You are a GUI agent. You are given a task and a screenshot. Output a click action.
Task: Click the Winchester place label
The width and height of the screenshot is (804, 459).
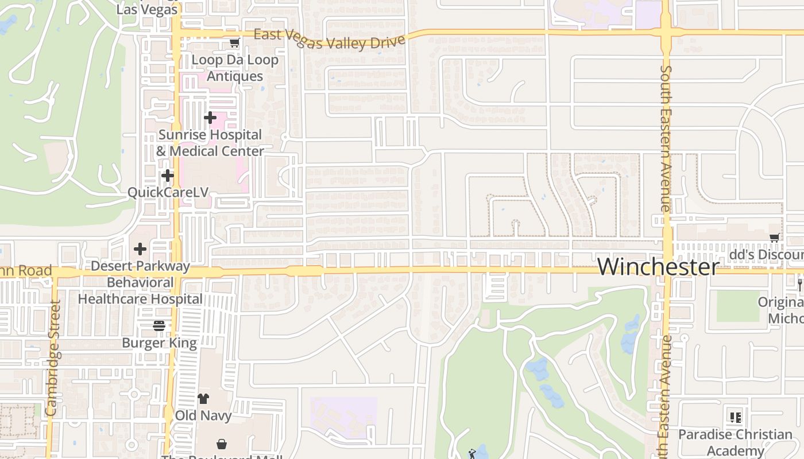pyautogui.click(x=658, y=267)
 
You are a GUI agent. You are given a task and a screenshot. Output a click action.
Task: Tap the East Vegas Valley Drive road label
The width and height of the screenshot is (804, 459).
pyautogui.click(x=330, y=40)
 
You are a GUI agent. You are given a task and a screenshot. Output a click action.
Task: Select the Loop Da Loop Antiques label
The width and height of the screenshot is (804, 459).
pyautogui.click(x=235, y=68)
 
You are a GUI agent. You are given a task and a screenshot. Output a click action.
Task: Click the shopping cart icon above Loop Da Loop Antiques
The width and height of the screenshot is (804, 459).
pyautogui.click(x=234, y=42)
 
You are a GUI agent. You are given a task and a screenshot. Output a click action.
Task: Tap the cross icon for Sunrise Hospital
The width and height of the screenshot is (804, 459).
pyautogui.click(x=210, y=118)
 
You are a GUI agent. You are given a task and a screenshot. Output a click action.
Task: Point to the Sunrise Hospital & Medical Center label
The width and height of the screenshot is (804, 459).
pyautogui.click(x=210, y=143)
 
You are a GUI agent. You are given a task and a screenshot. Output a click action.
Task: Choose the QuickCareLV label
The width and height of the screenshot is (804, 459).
pyautogui.click(x=168, y=192)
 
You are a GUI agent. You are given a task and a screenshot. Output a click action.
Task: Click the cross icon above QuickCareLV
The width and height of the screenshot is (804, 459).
pyautogui.click(x=168, y=175)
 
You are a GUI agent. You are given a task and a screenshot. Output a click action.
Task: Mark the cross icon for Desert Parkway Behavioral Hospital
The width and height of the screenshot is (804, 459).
pyautogui.click(x=140, y=249)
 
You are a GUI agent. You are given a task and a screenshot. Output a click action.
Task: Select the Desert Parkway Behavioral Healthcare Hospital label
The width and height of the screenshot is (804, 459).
pyautogui.click(x=140, y=282)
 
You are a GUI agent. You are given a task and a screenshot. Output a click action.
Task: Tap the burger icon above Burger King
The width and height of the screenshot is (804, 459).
pyautogui.click(x=159, y=326)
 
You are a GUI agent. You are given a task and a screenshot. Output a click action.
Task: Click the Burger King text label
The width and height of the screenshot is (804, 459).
pyautogui.click(x=159, y=343)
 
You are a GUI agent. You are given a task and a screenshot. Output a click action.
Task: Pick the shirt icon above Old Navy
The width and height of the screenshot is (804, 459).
pyautogui.click(x=203, y=398)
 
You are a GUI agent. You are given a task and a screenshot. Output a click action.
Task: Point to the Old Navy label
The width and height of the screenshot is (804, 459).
pyautogui.click(x=203, y=415)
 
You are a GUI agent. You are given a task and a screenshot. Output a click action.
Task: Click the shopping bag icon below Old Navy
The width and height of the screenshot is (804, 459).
pyautogui.click(x=222, y=444)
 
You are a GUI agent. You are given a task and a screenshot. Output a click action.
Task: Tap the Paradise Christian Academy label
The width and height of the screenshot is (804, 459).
pyautogui.click(x=735, y=442)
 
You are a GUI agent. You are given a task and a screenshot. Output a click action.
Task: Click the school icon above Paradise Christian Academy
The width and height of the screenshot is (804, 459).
pyautogui.click(x=735, y=417)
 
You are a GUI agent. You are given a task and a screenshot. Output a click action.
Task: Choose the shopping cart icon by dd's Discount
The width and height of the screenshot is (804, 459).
pyautogui.click(x=775, y=238)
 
